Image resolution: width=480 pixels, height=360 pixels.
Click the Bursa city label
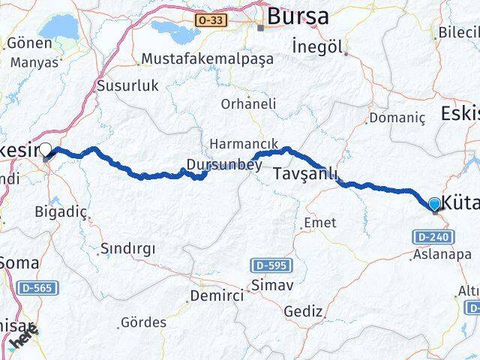tap(298, 14)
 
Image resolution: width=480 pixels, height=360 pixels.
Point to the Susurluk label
tap(128, 85)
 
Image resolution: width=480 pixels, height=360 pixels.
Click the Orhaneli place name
tap(248, 103)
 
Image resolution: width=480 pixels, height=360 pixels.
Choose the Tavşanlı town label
tap(304, 173)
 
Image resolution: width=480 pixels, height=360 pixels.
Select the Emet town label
tap(319, 223)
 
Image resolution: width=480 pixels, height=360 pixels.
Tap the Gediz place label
tap(304, 310)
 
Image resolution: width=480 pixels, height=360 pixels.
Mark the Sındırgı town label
tap(127, 249)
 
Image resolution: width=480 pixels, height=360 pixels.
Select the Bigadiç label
tap(61, 211)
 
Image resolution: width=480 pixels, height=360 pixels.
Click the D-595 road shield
tap(271, 265)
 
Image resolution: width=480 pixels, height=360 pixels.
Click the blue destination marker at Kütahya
tap(435, 203)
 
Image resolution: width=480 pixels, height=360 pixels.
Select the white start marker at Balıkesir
tap(46, 151)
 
